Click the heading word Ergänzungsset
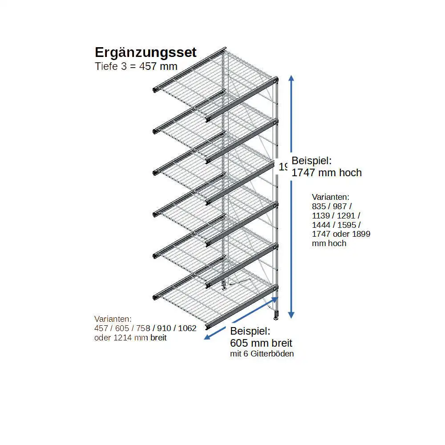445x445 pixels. pos(146,53)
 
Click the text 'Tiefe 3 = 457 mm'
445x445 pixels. pos(136,66)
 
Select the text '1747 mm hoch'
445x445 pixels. pos(327,173)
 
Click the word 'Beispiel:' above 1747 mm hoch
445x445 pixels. pos(311,161)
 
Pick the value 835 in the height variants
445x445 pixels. pos(319,206)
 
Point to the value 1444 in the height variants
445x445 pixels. pos(321,225)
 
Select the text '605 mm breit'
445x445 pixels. pos(261,343)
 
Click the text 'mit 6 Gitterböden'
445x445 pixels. pos(262,354)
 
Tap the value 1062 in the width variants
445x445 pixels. pos(187,328)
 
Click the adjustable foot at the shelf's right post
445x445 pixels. pos(276,316)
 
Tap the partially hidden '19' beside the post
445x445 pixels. pos(283,167)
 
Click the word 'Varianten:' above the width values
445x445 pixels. pos(113,319)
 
